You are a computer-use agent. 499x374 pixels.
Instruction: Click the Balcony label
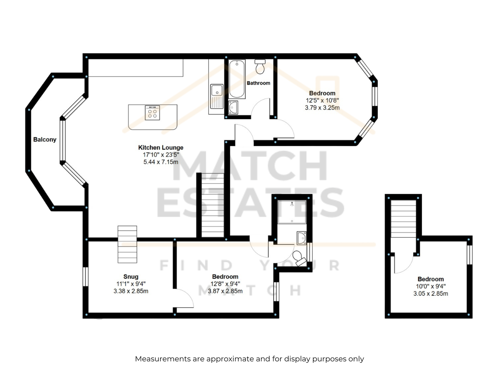pos(45,139)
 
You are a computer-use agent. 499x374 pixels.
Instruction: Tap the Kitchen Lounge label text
pos(161,147)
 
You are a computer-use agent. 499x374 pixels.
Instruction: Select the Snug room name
pos(131,276)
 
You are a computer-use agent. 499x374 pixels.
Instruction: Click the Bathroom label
pos(259,83)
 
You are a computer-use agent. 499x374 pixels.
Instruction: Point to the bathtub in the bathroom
pos(237,79)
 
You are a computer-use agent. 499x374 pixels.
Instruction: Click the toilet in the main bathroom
pos(260,66)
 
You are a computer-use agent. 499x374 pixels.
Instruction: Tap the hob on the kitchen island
pos(152,113)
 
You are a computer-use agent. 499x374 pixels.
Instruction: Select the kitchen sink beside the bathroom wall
pos(217,96)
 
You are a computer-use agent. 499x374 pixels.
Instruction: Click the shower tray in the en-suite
pos(292,212)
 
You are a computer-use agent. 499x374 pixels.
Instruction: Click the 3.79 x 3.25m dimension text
pos(322,108)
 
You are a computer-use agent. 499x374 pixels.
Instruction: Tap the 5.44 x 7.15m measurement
pos(161,162)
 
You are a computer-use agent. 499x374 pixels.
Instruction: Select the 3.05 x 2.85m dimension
pos(431,293)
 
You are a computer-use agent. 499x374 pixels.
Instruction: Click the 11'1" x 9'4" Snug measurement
pos(131,284)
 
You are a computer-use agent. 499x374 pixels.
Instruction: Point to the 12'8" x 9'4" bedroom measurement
pos(225,284)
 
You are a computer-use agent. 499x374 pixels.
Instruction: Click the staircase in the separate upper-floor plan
pos(403,218)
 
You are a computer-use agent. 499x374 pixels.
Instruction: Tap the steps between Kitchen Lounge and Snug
pos(127,244)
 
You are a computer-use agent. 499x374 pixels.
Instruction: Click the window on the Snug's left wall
pos(85,276)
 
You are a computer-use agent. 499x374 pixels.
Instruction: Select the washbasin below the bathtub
pos(233,108)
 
